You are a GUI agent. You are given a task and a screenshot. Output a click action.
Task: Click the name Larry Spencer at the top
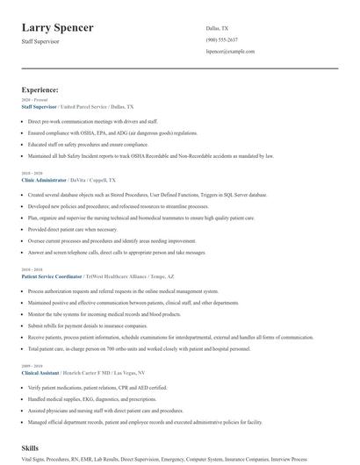(58, 28)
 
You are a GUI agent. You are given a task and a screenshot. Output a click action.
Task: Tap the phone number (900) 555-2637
(221, 40)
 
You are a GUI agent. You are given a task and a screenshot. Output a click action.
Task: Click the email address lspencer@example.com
(230, 52)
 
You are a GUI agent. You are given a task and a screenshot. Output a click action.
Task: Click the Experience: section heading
(40, 89)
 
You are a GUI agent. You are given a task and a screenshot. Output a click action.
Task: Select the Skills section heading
(32, 448)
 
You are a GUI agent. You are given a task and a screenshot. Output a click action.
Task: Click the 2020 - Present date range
(31, 99)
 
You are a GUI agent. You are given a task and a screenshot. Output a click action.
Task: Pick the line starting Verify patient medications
(97, 386)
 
